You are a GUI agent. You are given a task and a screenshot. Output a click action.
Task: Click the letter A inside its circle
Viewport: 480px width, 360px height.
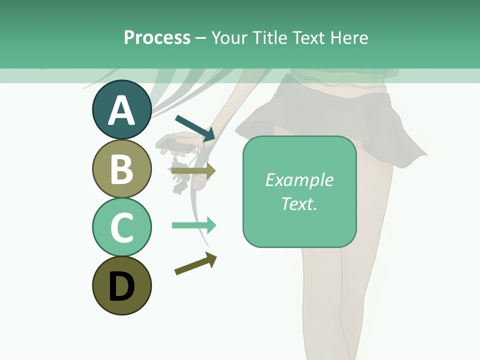point(121,110)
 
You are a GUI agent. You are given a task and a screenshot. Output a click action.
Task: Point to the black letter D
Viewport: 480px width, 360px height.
point(121,286)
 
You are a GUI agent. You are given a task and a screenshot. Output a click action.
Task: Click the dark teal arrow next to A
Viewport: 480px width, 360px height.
point(195,127)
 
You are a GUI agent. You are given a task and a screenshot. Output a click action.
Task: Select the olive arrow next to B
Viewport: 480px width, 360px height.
point(194,170)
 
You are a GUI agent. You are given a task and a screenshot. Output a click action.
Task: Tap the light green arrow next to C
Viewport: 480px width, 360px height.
point(194,225)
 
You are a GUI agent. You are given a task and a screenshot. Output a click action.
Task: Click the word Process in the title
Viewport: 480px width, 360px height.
point(157,37)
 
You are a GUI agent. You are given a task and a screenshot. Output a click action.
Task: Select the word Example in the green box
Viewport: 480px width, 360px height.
point(299,180)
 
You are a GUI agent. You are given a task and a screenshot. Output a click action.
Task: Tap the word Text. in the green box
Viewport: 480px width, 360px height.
point(299,203)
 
